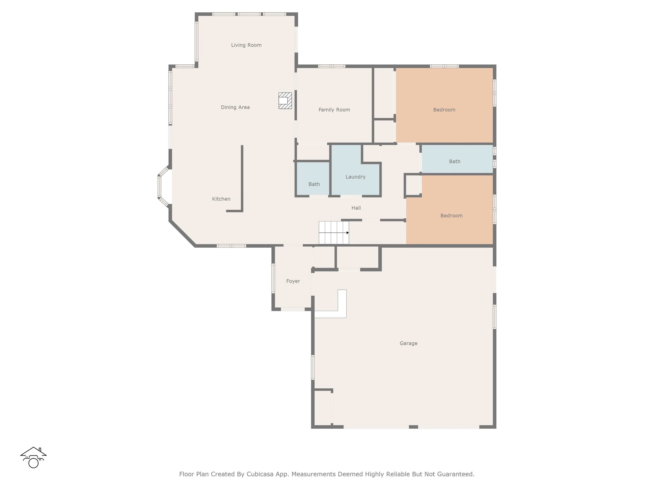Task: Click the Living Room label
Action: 246,45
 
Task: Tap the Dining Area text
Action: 235,107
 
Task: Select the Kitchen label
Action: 221,199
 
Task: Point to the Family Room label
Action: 334,110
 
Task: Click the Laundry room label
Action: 356,177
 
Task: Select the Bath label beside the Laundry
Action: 314,184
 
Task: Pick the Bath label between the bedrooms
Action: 455,161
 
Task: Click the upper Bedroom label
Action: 444,110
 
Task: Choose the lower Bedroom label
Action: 451,215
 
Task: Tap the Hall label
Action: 356,208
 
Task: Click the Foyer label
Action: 293,281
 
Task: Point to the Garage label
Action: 409,343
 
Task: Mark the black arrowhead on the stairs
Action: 348,233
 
